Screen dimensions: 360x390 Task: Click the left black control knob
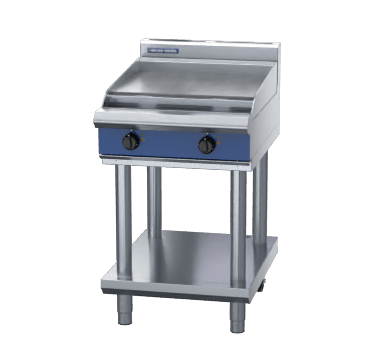point(130,143)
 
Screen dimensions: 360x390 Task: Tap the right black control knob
point(207,146)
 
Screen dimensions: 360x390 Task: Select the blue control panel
point(170,142)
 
